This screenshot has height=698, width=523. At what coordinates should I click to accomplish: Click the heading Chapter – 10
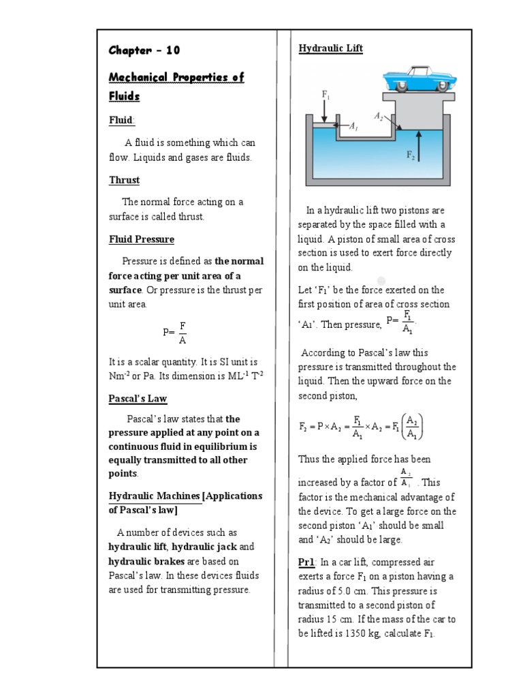coord(144,50)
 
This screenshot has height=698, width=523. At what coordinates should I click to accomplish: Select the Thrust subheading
coord(124,180)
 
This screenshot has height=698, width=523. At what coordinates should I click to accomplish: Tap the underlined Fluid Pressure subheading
coord(141,239)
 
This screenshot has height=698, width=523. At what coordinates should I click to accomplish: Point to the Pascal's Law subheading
coord(138,398)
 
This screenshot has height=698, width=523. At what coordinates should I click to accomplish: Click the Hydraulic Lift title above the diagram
coord(330,48)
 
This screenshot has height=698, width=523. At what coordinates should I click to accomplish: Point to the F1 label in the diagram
coord(326,95)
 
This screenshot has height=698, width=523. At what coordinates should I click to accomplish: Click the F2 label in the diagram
coord(411,155)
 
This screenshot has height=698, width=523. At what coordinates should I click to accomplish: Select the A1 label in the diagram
coord(353,127)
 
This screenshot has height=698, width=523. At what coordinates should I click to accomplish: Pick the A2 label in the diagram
coord(378,117)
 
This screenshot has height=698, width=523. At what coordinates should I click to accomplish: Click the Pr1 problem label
coord(306,562)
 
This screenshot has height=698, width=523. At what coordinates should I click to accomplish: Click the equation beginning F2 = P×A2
coord(362,427)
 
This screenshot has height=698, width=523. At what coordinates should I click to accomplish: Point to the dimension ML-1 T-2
coord(241,376)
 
